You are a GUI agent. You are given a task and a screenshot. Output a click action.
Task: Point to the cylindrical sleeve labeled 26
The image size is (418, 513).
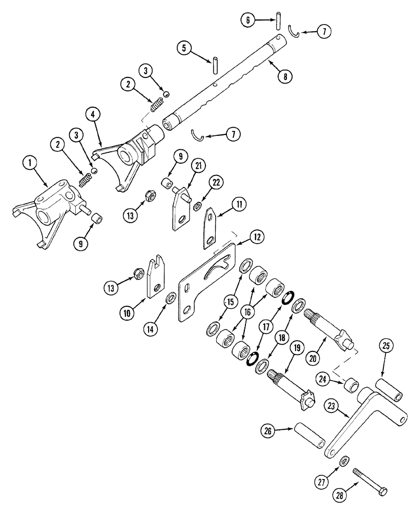pyautogui.click(x=309, y=435)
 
